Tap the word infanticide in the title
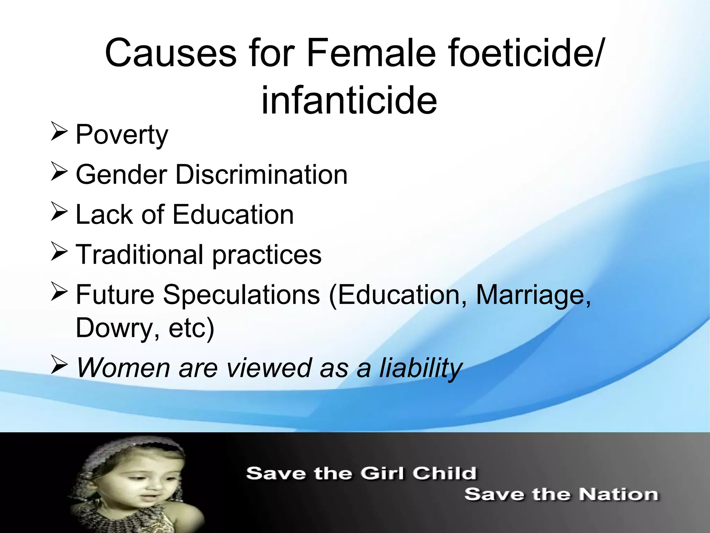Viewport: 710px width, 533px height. pos(349,101)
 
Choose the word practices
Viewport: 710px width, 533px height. pos(267,255)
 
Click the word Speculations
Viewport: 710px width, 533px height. pos(241,295)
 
